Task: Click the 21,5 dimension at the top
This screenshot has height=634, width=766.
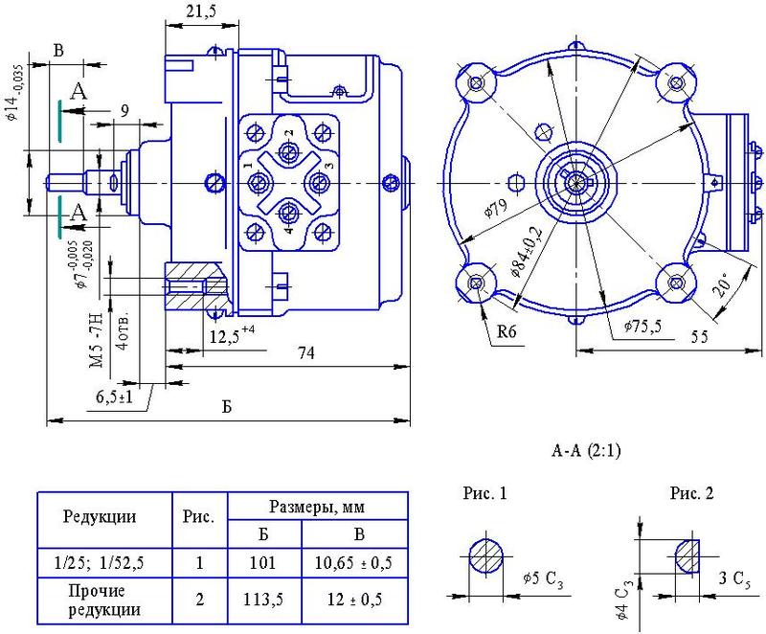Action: (201, 11)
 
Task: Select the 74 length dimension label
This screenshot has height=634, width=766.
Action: (306, 352)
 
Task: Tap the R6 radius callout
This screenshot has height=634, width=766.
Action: (507, 332)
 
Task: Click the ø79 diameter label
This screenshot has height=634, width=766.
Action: (496, 208)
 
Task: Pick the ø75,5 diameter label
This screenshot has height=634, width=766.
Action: (642, 326)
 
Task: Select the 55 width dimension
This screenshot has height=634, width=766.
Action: (700, 336)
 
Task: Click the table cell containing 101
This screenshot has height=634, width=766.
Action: (264, 563)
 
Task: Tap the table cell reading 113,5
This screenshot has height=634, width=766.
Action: (264, 600)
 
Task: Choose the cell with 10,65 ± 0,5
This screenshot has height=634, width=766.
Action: (354, 563)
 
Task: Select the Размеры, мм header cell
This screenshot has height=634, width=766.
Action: (318, 506)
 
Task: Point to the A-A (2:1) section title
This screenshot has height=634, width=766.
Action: (586, 450)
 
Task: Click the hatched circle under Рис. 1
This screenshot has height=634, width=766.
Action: (486, 556)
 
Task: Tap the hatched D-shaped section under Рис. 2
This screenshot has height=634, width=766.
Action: (687, 556)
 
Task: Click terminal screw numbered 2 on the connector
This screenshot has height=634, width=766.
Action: (288, 151)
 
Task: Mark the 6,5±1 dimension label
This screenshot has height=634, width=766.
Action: (115, 396)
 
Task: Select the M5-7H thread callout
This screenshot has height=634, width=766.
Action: (98, 340)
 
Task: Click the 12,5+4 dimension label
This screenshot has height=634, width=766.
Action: (232, 336)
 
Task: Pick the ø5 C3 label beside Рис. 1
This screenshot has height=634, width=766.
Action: (543, 580)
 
